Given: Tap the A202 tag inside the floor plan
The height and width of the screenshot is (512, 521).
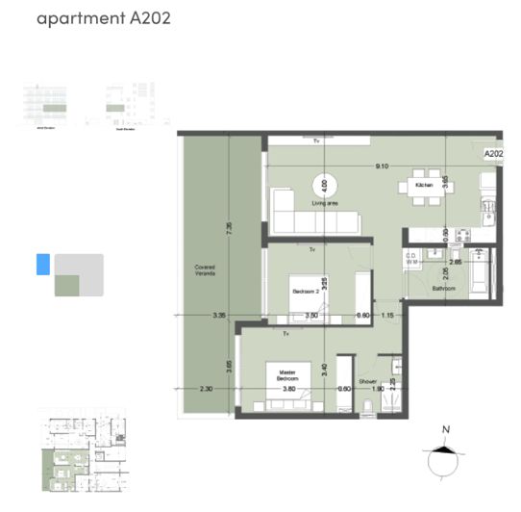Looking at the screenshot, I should click(493, 153).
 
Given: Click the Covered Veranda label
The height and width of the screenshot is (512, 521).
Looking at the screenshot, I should click(204, 270).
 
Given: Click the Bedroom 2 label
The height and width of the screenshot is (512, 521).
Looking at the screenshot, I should click(307, 288).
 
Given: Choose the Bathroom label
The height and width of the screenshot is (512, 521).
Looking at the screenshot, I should click(443, 289).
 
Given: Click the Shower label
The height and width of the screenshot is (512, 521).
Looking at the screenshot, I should click(366, 380).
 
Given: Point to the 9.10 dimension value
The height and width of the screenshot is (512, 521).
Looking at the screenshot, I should click(382, 166).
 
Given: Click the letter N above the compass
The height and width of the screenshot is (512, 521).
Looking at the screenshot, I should click(445, 430).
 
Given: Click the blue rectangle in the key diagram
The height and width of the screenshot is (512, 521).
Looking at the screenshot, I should click(42, 264).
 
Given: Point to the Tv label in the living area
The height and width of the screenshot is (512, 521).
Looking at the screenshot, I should click(316, 141).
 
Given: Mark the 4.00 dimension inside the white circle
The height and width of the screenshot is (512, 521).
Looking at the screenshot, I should click(325, 184).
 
